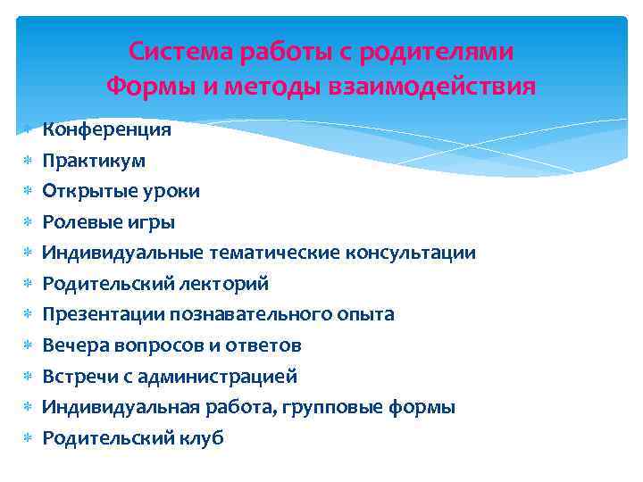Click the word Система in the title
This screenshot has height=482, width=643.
point(180,52)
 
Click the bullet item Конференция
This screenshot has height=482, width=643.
point(107,130)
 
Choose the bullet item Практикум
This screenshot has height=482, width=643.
point(94,162)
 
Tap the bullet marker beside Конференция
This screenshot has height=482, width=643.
point(28,130)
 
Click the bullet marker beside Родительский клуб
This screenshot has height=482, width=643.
point(28,438)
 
